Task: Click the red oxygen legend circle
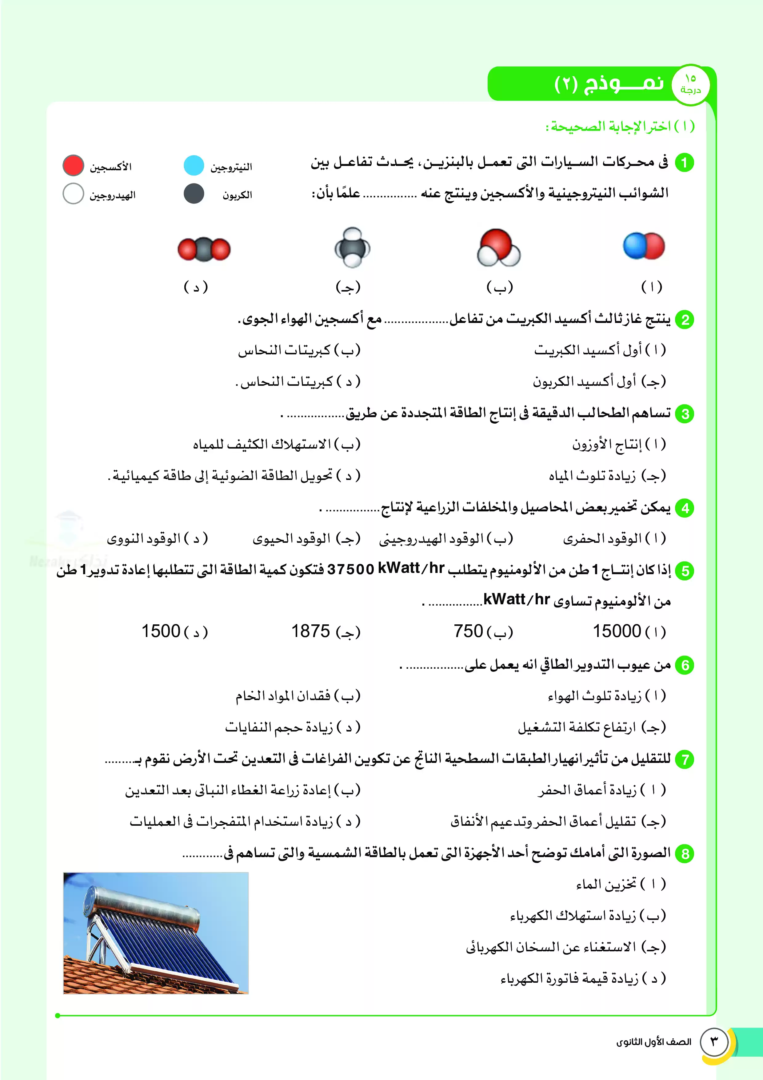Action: click(x=73, y=166)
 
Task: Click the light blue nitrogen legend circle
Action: click(x=194, y=166)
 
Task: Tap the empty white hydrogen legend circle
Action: click(x=73, y=193)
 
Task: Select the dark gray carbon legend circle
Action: click(x=194, y=193)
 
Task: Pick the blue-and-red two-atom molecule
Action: click(x=644, y=246)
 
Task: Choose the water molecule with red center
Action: click(x=498, y=248)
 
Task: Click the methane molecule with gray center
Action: click(x=352, y=248)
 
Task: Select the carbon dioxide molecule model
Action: click(x=204, y=249)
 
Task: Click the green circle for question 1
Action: click(x=685, y=163)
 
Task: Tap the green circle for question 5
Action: click(x=685, y=571)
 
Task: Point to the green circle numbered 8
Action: click(x=685, y=854)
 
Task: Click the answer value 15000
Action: click(x=617, y=631)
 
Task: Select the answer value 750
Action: click(x=468, y=631)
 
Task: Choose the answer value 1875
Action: click(x=311, y=631)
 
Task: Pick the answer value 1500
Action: click(x=161, y=631)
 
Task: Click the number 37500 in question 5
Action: click(x=350, y=569)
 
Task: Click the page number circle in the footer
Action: click(x=714, y=1042)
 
